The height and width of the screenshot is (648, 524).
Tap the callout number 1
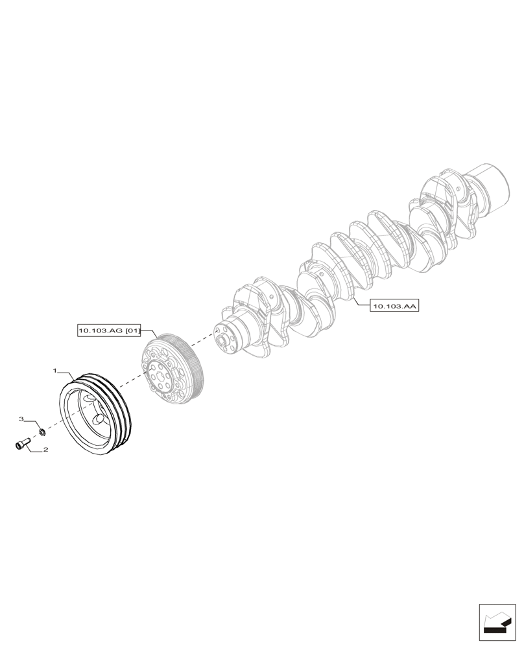pyautogui.click(x=56, y=372)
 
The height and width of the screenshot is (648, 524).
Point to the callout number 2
pyautogui.click(x=46, y=448)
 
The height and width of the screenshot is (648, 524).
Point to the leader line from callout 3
pyautogui.click(x=33, y=422)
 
